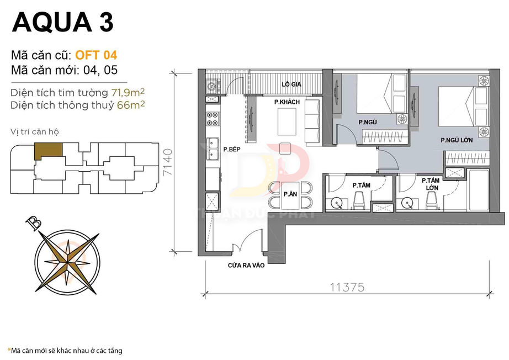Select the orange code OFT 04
96,55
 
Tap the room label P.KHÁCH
287,103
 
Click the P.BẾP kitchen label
231,149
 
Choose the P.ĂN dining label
290,194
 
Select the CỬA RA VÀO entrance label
246,266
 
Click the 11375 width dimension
347,287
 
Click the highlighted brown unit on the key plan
48,150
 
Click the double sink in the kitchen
213,149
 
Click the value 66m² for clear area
131,104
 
